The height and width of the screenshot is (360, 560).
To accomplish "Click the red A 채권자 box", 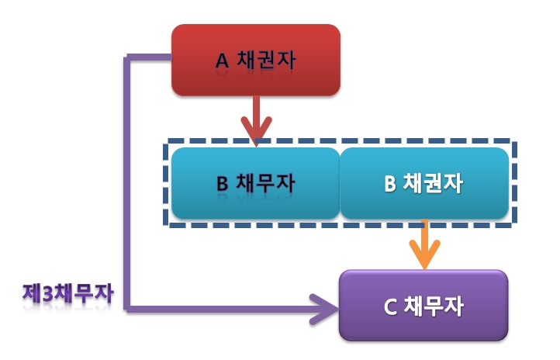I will pos(255,60).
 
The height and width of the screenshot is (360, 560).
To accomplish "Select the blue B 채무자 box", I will pos(255,183).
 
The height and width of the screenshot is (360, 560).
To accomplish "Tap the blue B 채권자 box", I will pos(424,183).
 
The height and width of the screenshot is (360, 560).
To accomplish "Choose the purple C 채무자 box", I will pos(423,306).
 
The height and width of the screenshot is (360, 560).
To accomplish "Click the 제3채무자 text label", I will pos(68,294).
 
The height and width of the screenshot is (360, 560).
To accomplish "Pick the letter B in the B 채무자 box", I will pos(221,185).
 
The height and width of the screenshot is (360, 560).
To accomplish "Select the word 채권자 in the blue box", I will pos(434,184).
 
